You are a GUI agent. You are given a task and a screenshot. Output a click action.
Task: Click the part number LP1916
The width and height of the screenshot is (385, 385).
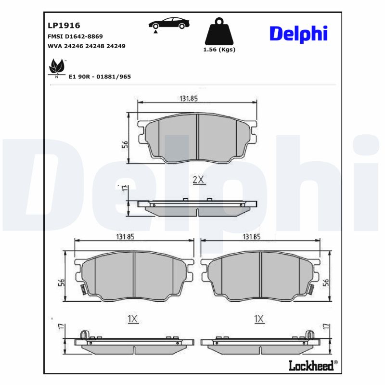coord(64,26)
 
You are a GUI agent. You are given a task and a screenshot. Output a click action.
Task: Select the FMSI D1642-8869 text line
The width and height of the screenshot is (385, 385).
coord(75,37)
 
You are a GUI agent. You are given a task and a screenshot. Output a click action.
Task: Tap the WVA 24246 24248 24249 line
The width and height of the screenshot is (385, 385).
coord(87,46)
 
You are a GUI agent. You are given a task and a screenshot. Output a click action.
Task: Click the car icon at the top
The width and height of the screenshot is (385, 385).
coord(167,24)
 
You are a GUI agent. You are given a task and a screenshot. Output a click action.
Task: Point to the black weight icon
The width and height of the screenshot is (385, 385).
coord(219,31)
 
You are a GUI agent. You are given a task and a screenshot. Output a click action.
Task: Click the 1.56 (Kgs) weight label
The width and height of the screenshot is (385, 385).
coord(219,50)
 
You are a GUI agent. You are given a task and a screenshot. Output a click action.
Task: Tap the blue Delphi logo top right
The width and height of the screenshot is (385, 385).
coord(298,34)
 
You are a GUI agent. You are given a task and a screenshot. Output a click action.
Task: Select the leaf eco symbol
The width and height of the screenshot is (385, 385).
coord(57,67)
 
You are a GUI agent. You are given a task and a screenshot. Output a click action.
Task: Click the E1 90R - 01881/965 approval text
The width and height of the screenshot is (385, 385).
coord(100,77)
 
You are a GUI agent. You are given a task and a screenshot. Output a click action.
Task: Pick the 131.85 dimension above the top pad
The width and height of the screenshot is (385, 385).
coord(189,98)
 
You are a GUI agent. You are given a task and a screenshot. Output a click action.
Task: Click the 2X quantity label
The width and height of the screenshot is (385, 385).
coord(198,180)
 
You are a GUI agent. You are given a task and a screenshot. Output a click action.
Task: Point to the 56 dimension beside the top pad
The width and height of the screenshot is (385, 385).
coord(125,144)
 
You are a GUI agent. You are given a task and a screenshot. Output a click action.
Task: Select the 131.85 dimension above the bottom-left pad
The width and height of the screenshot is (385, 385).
coord(125,236)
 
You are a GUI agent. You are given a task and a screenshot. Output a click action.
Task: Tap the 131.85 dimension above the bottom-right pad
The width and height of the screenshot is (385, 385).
coord(252,236)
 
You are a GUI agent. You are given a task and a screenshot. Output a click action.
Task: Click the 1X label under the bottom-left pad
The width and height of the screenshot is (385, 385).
coord(133,319)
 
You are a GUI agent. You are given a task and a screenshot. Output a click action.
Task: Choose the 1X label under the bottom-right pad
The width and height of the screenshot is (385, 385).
coord(259,319)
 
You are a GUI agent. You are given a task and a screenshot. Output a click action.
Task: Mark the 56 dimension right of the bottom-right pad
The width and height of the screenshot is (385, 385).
coord(326,282)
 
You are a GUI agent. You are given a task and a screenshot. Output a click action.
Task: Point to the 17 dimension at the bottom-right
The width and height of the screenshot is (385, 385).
coord(326,327)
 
